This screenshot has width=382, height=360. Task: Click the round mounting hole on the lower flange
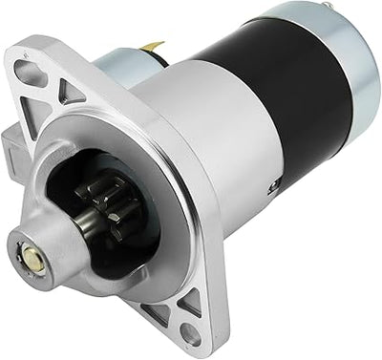click(x=190, y=332)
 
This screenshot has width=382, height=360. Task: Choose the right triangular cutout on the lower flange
click(x=190, y=301)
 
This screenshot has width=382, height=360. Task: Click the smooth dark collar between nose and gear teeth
click(x=76, y=230)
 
